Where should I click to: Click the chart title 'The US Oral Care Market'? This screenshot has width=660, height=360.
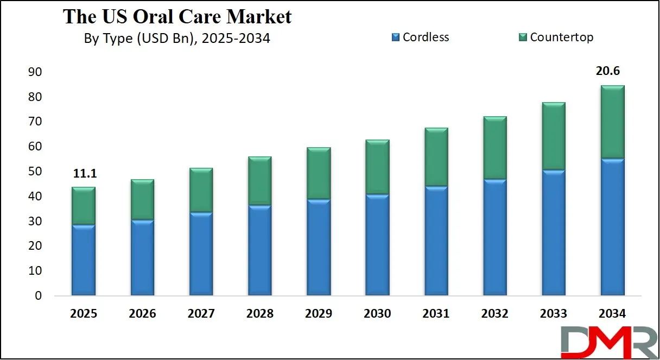[177, 16]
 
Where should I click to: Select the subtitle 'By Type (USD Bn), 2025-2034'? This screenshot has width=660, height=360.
[177, 39]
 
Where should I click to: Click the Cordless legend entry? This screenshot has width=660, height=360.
[420, 37]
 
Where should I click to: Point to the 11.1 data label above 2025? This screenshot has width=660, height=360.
[84, 173]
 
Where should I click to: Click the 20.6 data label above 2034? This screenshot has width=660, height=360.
[612, 72]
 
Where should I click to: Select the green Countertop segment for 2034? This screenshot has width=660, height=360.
[612, 122]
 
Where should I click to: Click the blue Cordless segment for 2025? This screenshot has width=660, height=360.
[84, 260]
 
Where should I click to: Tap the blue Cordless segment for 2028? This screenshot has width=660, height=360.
[259, 250]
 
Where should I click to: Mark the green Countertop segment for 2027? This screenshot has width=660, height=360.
[201, 190]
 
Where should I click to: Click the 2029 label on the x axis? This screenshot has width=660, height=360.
[319, 314]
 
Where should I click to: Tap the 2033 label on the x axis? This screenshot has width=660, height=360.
[553, 314]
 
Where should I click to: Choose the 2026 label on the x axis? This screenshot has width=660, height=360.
[142, 314]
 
